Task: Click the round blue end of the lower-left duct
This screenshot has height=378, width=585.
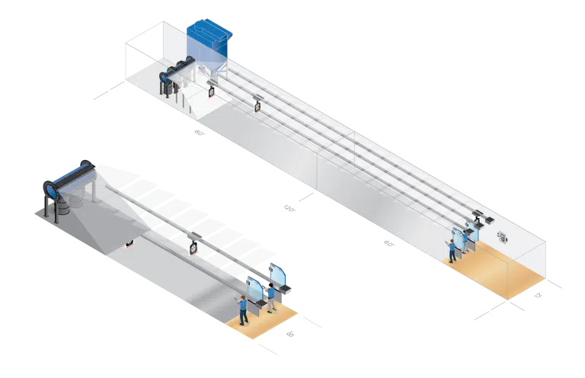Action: click(52, 187)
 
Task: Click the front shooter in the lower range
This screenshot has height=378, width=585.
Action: click(243, 309)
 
